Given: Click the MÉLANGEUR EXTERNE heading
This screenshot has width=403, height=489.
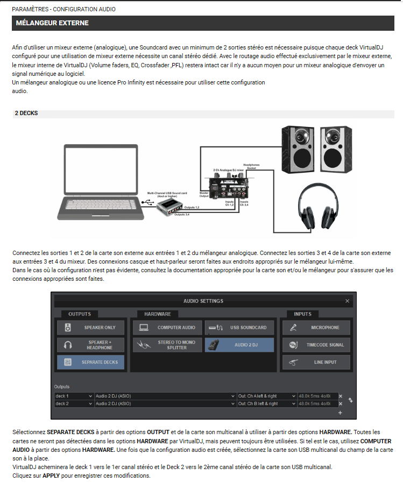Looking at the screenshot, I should click(52, 23).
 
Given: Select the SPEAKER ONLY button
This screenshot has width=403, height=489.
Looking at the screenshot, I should click(90, 327).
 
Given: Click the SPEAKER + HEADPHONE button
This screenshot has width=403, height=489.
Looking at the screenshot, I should click(90, 344).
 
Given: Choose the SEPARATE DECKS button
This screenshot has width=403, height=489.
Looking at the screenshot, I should click(90, 362).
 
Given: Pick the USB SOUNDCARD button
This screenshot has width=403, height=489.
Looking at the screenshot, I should click(239, 327).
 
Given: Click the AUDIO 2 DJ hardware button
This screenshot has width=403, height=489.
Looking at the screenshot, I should click(239, 344).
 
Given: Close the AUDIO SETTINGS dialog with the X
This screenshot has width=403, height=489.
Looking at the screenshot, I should click(347, 301).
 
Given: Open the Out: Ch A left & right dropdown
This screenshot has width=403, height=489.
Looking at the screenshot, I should click(266, 396).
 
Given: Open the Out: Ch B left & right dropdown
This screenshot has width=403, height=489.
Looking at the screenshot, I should click(266, 403).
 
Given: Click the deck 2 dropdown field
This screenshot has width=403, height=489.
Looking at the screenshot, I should click(74, 403).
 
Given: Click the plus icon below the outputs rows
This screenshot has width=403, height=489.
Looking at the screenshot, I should click(340, 413).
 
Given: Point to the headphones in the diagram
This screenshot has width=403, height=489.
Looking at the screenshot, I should click(316, 206).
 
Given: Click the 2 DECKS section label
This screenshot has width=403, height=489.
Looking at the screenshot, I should click(26, 114).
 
